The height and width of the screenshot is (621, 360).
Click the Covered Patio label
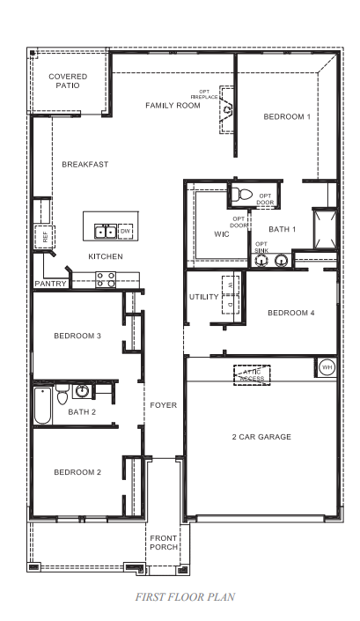click(x=68, y=82)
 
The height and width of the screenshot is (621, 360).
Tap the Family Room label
click(x=173, y=106)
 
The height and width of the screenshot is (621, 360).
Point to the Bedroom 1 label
click(x=287, y=117)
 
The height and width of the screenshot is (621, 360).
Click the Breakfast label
click(x=85, y=164)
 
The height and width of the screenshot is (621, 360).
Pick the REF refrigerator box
click(x=42, y=235)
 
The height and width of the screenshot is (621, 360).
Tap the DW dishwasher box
click(x=125, y=232)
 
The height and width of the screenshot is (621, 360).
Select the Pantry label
click(x=50, y=284)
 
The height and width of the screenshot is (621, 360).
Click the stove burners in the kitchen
click(x=106, y=279)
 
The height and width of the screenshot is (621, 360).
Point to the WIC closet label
click(x=221, y=234)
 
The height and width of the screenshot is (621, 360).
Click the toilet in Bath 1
click(x=243, y=194)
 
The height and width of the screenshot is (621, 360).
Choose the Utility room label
click(x=203, y=297)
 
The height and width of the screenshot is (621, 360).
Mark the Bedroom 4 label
click(x=290, y=313)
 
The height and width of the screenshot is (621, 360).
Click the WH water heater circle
click(x=327, y=366)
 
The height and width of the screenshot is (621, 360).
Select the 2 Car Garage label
click(x=261, y=437)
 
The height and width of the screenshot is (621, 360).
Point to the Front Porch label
click(x=164, y=543)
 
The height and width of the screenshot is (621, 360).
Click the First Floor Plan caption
click(x=185, y=596)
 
